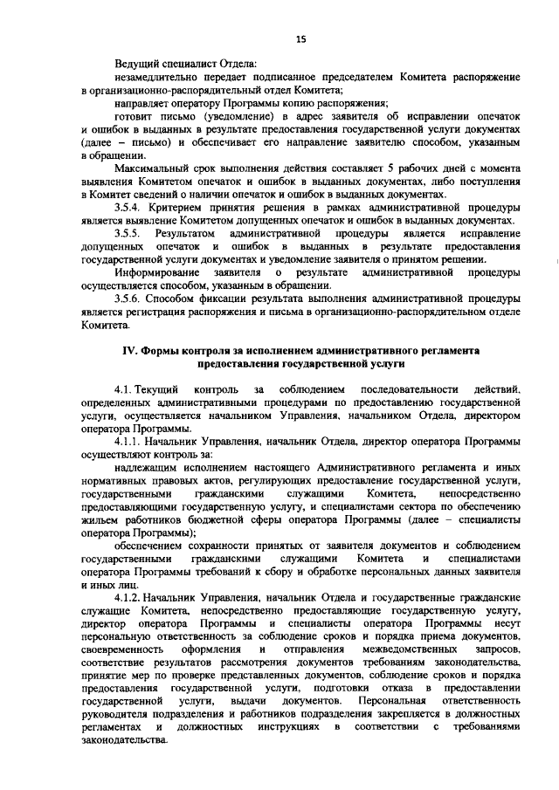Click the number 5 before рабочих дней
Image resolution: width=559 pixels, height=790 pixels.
tap(394, 165)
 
